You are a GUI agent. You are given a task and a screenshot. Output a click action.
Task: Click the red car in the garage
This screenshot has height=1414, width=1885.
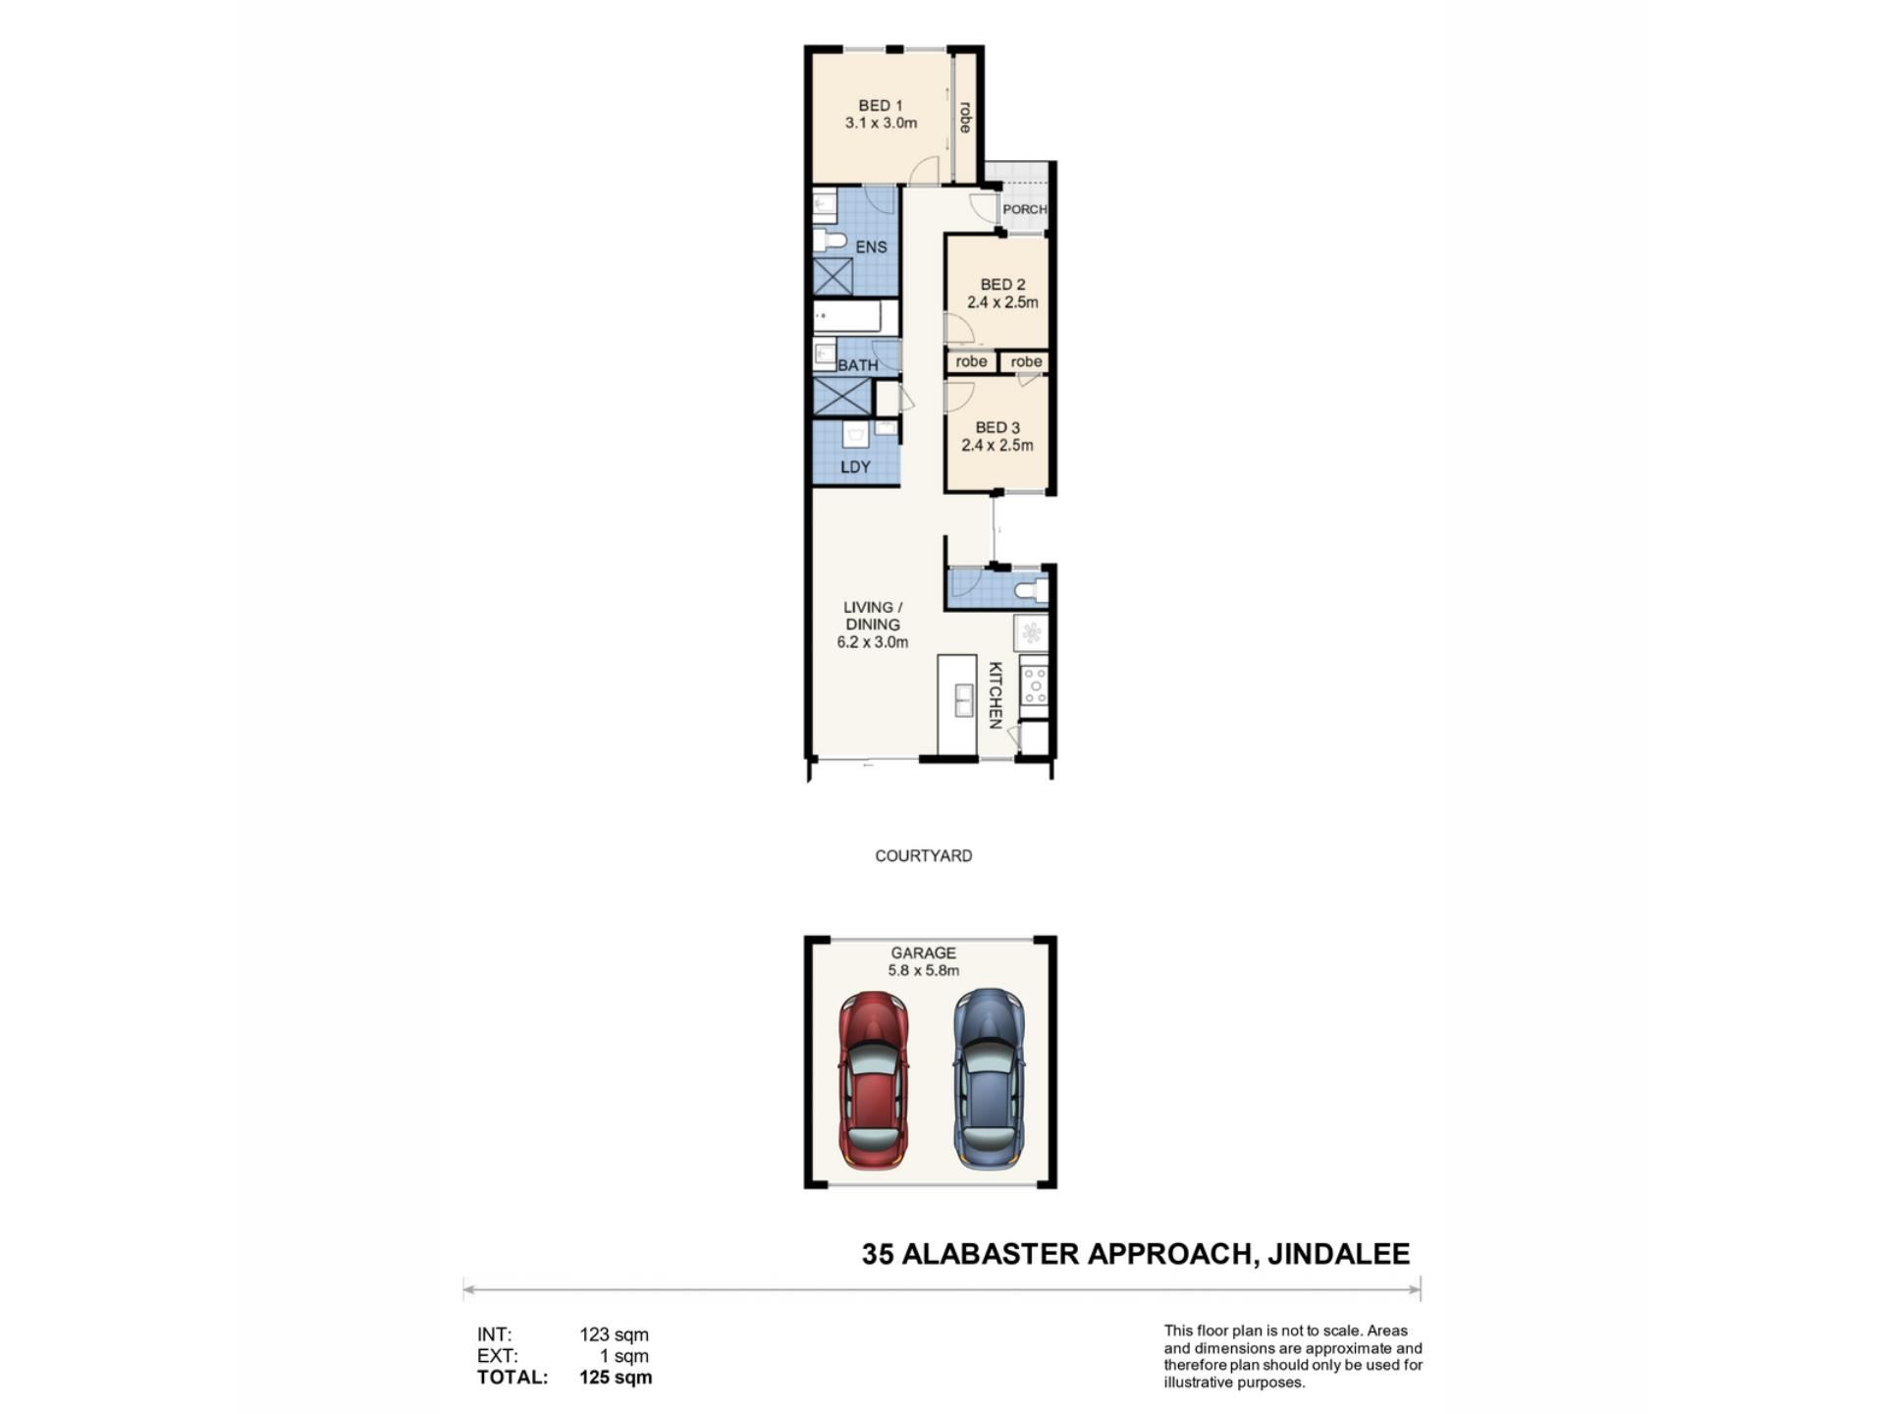click(x=873, y=1079)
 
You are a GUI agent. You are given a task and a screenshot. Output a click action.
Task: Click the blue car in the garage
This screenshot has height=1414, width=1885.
click(x=990, y=1079)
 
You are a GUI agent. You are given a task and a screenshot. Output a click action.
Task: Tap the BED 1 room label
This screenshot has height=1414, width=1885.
click(x=881, y=105)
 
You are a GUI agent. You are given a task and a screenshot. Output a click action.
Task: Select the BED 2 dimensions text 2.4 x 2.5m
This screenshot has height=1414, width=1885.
click(x=1002, y=302)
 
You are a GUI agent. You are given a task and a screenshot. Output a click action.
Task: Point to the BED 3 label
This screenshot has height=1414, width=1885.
click(x=997, y=427)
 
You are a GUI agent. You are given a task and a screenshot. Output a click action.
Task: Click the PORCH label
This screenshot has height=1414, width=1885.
click(x=1025, y=209)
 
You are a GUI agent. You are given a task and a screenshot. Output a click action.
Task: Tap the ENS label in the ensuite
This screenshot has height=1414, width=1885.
click(x=871, y=247)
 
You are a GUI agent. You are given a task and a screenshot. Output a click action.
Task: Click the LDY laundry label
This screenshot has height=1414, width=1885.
click(x=855, y=467)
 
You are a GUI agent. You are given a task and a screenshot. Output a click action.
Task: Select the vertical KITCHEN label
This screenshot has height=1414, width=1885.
click(x=995, y=695)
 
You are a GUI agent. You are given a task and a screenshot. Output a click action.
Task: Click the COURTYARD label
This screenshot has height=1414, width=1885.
click(x=924, y=856)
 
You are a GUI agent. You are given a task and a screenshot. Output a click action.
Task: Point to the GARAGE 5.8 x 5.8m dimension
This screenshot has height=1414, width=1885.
click(x=924, y=970)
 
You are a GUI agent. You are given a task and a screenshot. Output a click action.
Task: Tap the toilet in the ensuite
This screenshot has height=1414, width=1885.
click(x=831, y=241)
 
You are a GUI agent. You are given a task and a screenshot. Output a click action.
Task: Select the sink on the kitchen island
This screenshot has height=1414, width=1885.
click(x=964, y=700)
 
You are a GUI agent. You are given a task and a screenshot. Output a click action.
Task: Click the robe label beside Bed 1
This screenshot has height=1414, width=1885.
click(x=965, y=118)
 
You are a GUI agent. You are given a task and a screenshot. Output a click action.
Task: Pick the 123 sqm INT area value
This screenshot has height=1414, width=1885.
click(x=614, y=1334)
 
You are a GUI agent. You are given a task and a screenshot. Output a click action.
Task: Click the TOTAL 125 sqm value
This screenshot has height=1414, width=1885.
click(x=616, y=1377)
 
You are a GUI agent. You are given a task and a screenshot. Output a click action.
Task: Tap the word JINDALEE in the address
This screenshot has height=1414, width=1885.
click(x=1338, y=1254)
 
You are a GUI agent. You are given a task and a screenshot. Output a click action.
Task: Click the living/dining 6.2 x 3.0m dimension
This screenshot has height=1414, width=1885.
click(x=872, y=642)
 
